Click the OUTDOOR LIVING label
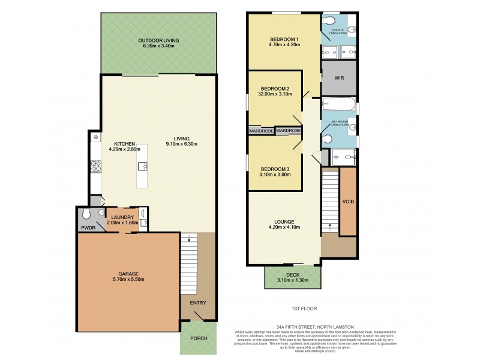tap(158, 40)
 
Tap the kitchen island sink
tap(143, 166)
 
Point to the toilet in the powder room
tap(87, 214)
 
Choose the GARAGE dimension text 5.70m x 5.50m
tap(128, 279)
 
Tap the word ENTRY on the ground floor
tap(197, 302)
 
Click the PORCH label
tap(199, 338)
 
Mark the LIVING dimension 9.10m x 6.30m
tap(182, 143)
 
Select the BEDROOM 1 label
tap(284, 40)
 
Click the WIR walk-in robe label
tap(338, 77)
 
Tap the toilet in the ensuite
tap(330, 20)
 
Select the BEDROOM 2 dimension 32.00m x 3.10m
tap(275, 94)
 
